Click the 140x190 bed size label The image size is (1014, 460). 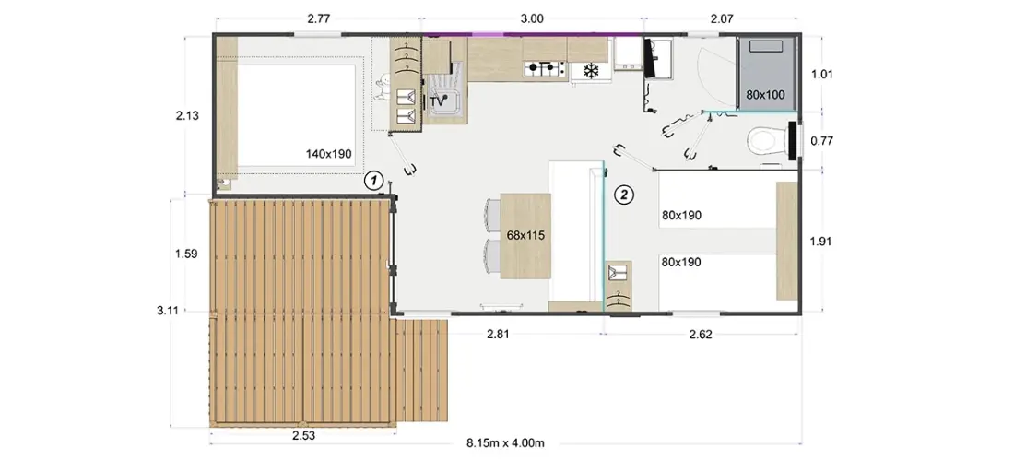tap(328, 154)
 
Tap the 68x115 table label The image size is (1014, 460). tap(525, 236)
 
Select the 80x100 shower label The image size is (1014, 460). tap(765, 94)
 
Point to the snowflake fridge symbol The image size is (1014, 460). tap(590, 70)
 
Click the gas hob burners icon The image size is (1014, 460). tap(542, 67)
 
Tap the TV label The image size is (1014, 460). tap(439, 100)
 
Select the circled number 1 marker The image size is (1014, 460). tap(373, 181)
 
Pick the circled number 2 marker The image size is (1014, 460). tap(623, 194)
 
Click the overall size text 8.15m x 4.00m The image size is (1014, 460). tap(505, 443)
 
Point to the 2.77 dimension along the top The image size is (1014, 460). tap(320, 18)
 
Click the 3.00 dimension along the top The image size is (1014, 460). tap(532, 18)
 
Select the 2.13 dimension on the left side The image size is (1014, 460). tap(187, 116)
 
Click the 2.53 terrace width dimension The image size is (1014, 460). tap(303, 435)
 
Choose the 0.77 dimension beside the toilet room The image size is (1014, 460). tap(822, 140)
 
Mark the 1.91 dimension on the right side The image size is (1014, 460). tap(822, 242)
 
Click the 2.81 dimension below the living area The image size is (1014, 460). tap(499, 335)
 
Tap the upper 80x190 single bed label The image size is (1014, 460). tap(681, 215)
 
